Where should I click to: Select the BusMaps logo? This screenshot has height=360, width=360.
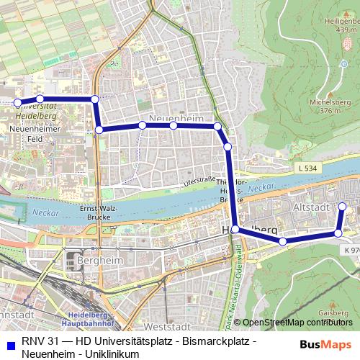[325, 344]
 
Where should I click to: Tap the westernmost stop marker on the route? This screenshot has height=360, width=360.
[17, 102]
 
